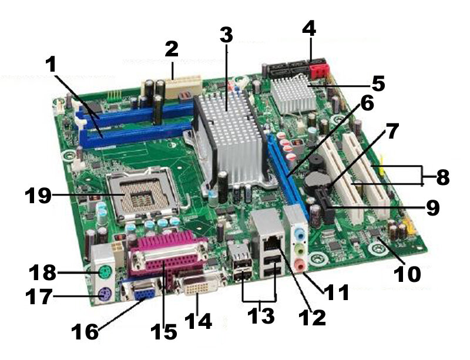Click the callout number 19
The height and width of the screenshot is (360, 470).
tap(38, 196)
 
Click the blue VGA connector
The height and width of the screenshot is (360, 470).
tap(144, 291)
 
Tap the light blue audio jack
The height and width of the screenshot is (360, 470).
tap(300, 233)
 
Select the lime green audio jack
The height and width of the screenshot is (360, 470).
tap(300, 250)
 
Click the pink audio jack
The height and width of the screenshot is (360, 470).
tap(299, 265)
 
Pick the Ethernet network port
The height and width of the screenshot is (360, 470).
tap(272, 242)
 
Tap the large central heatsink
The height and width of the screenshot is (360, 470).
tap(231, 138)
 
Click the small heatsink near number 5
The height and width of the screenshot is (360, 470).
tap(294, 93)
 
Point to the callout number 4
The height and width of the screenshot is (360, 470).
tap(309, 28)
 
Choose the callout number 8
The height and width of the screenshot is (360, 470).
tap(443, 177)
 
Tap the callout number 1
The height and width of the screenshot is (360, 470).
tap(52, 65)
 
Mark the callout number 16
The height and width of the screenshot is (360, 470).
tap(85, 332)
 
